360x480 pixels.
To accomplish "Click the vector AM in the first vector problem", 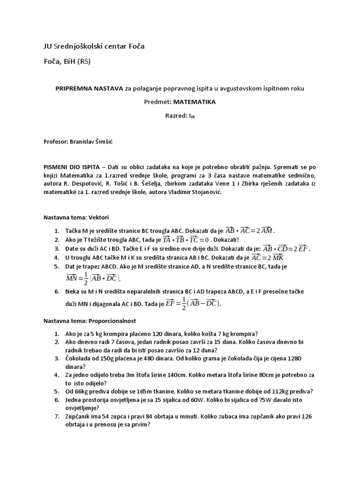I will tap(266, 230).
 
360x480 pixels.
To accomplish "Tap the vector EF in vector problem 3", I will tap(303, 248).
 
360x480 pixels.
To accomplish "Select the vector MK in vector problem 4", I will tap(277, 257).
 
